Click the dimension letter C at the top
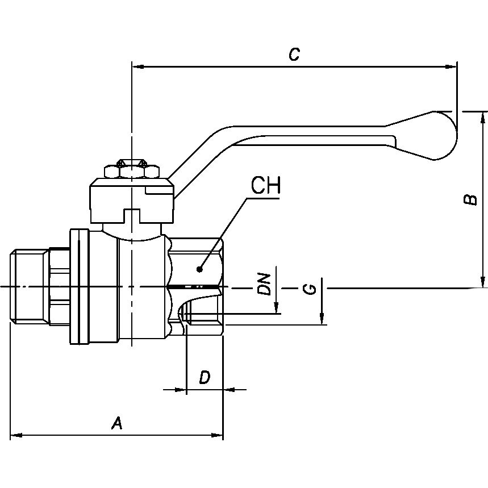(x=293, y=55)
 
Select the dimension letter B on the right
(x=470, y=199)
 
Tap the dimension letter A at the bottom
(x=117, y=423)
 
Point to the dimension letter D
(x=205, y=377)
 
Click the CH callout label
(x=265, y=186)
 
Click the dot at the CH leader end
(x=199, y=268)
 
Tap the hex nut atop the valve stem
(x=131, y=170)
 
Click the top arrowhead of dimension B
(x=483, y=117)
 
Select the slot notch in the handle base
(x=132, y=215)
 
